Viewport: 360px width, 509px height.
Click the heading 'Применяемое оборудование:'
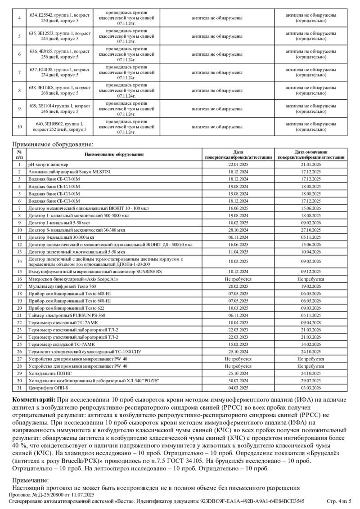[x=53, y=144]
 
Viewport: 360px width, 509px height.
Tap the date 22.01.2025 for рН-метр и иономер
[x=238, y=165]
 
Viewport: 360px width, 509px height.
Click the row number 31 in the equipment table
[x=19, y=388]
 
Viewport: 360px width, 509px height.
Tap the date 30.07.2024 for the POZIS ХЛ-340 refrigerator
[x=238, y=380]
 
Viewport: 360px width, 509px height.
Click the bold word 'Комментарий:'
[x=33, y=400]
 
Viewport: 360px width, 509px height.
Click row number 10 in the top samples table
[x=19, y=127]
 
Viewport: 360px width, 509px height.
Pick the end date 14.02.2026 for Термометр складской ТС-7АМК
[x=310, y=344]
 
